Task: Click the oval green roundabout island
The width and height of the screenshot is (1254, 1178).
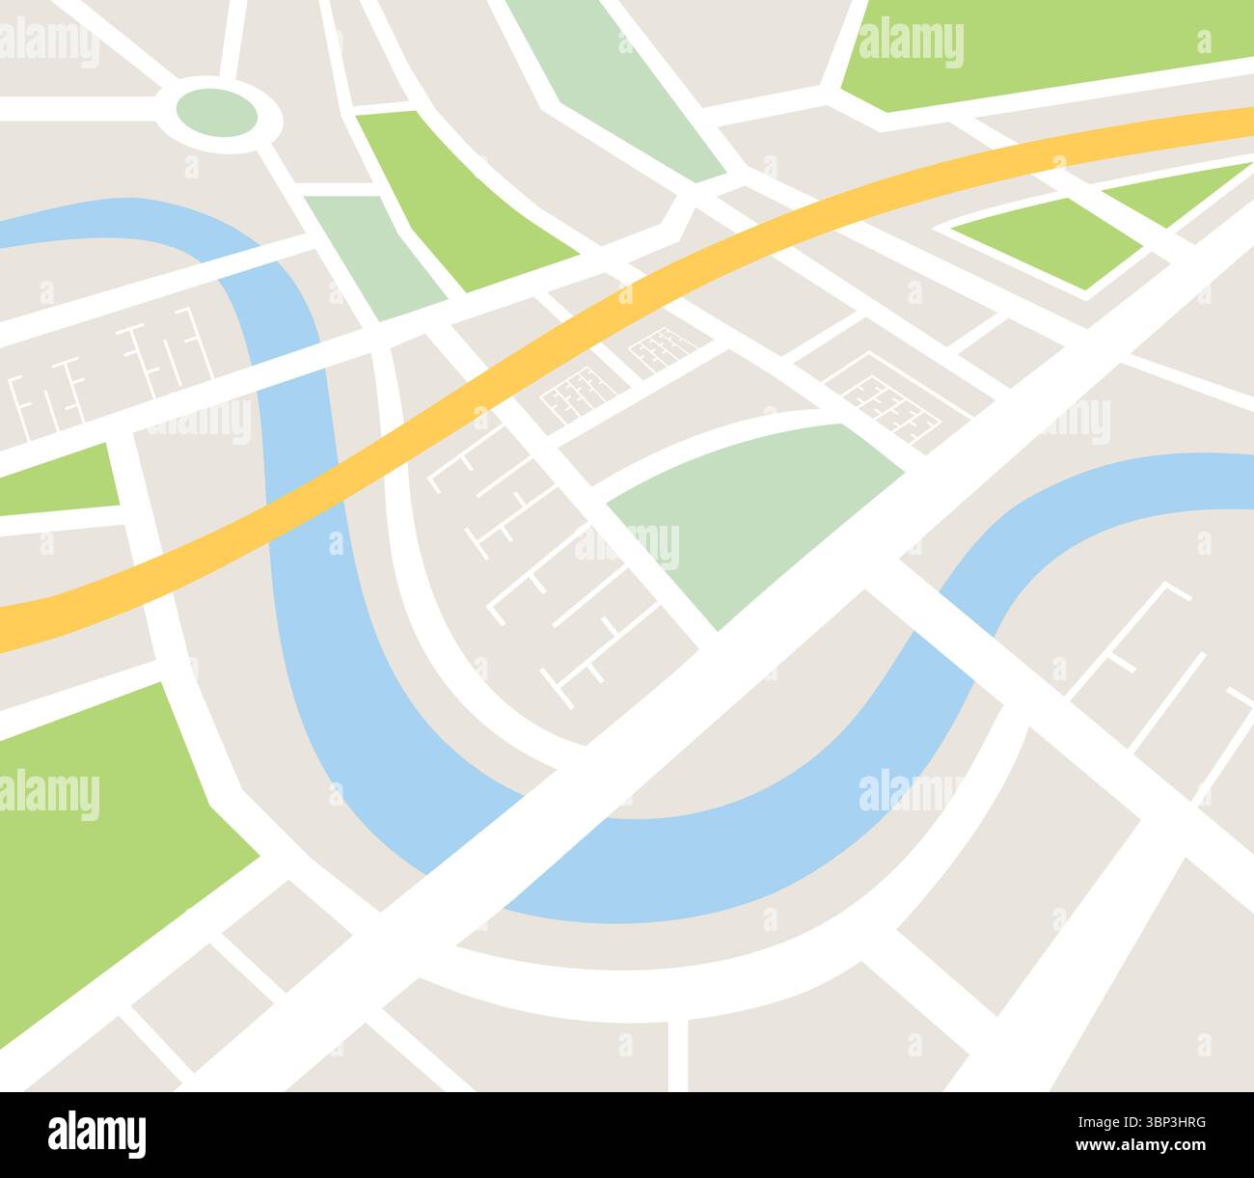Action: click(217, 114)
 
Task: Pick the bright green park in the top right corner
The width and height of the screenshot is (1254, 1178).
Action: click(1042, 48)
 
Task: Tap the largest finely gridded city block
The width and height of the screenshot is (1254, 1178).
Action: click(883, 396)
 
